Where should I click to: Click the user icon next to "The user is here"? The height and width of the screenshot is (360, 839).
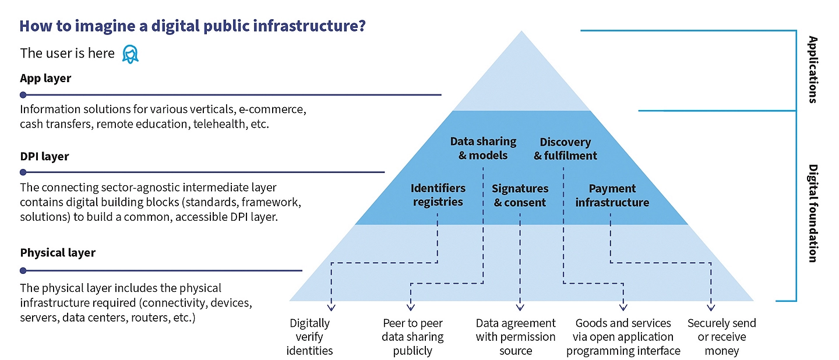click(131, 54)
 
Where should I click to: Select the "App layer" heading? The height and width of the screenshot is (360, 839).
click(45, 78)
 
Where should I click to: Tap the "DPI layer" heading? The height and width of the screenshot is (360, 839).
click(44, 156)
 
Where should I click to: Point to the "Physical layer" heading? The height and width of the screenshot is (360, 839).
click(58, 253)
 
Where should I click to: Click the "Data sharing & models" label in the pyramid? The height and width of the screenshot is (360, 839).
click(483, 149)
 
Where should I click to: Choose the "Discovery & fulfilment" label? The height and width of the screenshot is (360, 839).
click(565, 149)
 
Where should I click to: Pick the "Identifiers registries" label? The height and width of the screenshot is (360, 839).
click(438, 195)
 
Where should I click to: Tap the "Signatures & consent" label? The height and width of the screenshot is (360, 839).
click(520, 196)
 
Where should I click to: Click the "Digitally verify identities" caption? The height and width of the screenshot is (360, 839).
click(310, 337)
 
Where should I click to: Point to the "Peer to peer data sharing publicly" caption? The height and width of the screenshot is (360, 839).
click(413, 337)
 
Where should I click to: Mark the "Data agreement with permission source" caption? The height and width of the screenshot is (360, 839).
click(516, 337)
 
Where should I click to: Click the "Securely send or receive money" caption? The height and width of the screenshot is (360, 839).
click(721, 337)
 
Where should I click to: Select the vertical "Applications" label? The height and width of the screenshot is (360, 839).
click(813, 69)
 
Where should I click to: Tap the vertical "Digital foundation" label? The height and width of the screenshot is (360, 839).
click(813, 213)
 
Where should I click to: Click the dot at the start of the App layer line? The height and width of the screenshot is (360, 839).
click(23, 94)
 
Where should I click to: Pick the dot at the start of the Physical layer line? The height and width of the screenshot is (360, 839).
click(23, 270)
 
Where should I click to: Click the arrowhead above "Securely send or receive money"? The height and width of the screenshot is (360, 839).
click(711, 308)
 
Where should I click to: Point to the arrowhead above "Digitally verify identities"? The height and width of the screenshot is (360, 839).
click(331, 308)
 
